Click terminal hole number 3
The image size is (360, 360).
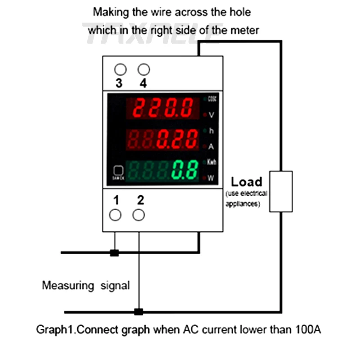click(120, 69)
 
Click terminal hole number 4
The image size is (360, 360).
click(144, 69)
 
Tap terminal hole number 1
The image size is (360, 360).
click(115, 215)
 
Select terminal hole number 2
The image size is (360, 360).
click(139, 215)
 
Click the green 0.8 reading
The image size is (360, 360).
click(185, 170)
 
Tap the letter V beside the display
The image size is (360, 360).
click(211, 115)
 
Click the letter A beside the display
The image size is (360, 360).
click(211, 146)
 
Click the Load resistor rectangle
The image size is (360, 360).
click(281, 191)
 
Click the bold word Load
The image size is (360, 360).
click(246, 182)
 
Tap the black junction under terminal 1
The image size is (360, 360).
click(115, 253)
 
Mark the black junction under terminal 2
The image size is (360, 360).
click(139, 311)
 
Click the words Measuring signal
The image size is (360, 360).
click(85, 285)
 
